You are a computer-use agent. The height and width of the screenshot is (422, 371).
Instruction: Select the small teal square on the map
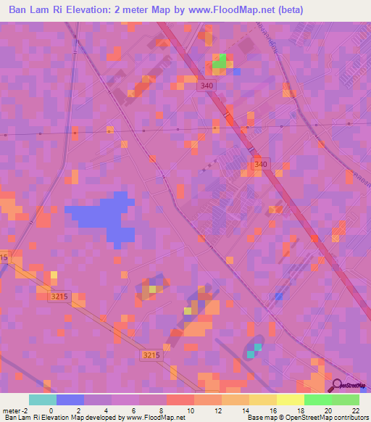(x=251, y=354)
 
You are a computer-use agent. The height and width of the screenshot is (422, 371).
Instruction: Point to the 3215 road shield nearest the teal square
(x=150, y=355)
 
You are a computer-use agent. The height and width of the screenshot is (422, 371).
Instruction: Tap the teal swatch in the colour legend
(x=42, y=400)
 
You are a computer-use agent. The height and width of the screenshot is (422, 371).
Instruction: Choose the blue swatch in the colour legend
(x=70, y=400)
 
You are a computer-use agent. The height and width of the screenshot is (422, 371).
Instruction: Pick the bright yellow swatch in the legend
(x=290, y=400)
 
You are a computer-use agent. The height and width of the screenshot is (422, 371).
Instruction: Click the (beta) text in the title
(x=288, y=9)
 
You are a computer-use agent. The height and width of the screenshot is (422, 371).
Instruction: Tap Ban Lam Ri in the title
(x=32, y=9)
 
